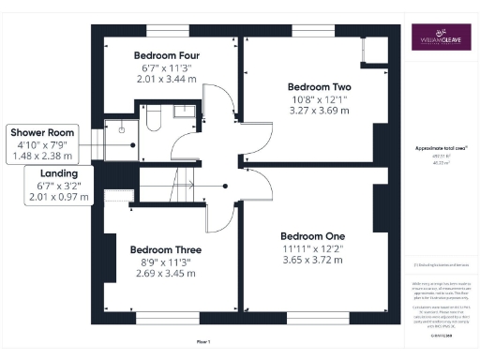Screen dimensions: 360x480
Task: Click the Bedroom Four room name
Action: [166, 54]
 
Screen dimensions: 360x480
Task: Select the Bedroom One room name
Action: [313, 234]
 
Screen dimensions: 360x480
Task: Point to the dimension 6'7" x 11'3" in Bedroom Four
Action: [166, 67]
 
